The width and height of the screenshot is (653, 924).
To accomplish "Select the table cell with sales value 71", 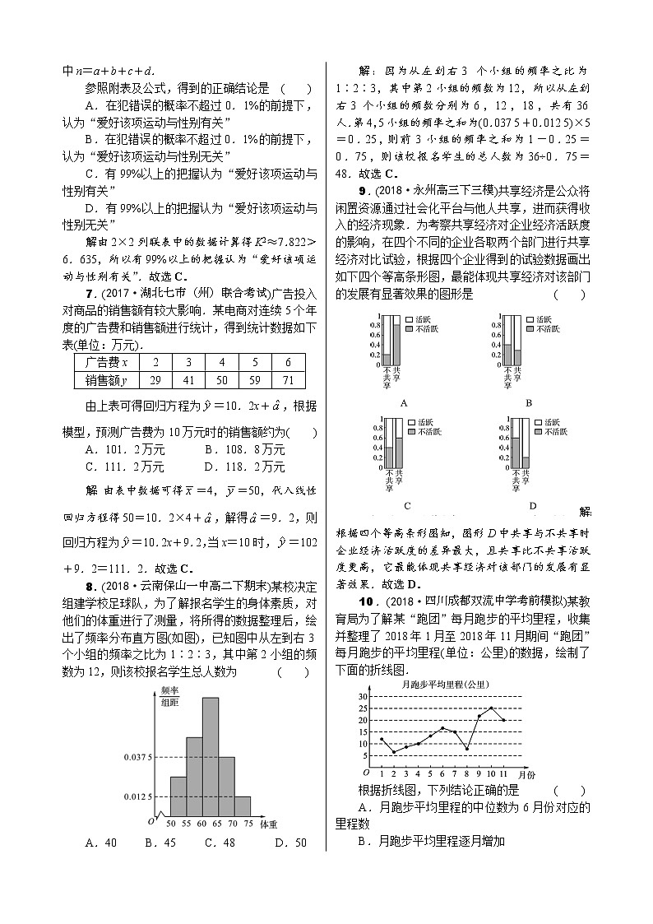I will coord(288,379).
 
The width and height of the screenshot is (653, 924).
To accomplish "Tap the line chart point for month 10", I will coord(492,708).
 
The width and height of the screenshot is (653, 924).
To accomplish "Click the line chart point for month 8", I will coord(467,749).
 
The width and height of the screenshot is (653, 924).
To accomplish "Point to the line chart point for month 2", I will coord(394,752).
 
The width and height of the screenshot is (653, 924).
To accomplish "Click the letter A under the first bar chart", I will coord(403,403).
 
